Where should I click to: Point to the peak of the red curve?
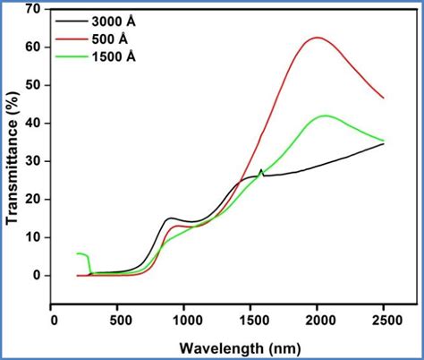point(317,38)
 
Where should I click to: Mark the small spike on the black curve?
point(260,169)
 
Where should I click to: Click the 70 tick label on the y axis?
point(34,9)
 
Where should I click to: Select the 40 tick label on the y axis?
point(34,123)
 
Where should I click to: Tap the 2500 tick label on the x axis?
point(384,319)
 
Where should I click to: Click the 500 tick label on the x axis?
point(120,319)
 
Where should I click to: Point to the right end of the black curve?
point(384,143)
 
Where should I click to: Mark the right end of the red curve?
point(384,98)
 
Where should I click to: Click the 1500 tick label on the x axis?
point(251,319)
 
